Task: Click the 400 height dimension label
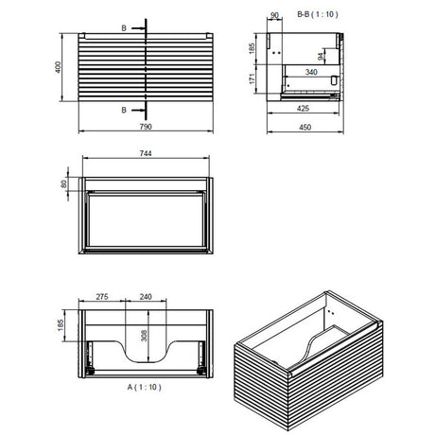[x=58, y=67]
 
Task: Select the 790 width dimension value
[x=146, y=127]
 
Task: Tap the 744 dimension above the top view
[x=146, y=153]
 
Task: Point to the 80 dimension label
[x=64, y=183]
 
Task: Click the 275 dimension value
[x=102, y=297]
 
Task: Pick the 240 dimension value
[x=146, y=297]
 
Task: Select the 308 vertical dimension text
[x=144, y=336]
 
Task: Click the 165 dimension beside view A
[x=61, y=325]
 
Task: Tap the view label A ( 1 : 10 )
[x=144, y=387]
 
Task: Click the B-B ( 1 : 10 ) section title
[x=318, y=14]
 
